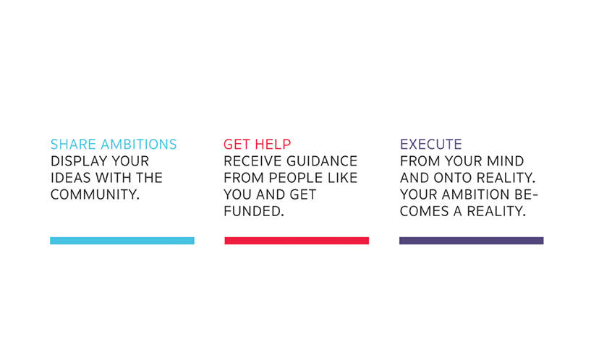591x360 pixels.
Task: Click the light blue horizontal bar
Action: (x=122, y=241)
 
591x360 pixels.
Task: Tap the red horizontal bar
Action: (x=297, y=241)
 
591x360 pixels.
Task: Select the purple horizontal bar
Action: (x=471, y=241)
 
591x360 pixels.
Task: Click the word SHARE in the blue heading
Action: (x=73, y=145)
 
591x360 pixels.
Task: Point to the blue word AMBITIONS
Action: (x=139, y=145)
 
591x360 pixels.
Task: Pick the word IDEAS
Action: (x=70, y=178)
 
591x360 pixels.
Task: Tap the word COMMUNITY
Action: (x=95, y=194)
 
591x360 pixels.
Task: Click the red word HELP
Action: (x=273, y=145)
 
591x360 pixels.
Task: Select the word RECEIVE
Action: (x=252, y=161)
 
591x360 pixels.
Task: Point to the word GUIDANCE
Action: (x=322, y=161)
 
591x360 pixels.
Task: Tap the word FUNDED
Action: (x=254, y=211)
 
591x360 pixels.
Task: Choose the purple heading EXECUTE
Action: (x=431, y=145)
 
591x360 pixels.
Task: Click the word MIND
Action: (x=506, y=161)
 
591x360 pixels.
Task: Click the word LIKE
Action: (x=342, y=178)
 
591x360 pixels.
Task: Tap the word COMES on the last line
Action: (x=424, y=211)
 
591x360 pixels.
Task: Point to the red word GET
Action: (x=237, y=145)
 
